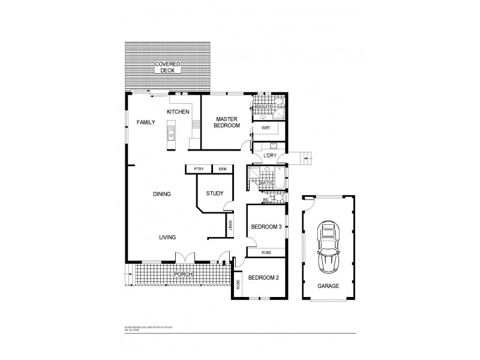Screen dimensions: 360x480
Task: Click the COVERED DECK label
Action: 167,67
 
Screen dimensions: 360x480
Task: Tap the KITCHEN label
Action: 178,112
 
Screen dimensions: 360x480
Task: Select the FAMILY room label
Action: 146,122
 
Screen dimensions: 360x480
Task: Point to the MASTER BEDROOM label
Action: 227,122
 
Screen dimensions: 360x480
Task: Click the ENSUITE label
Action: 265,107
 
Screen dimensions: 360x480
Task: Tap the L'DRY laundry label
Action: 271,157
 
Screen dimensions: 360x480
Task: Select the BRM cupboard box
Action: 222,170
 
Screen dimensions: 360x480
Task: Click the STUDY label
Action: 215,193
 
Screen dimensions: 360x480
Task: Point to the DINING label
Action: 162,194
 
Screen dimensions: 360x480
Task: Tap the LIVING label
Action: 167,238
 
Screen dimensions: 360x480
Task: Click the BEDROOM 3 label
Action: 266,227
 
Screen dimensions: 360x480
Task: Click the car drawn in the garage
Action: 328,245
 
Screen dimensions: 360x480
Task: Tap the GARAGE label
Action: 328,286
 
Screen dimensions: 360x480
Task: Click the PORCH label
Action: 183,274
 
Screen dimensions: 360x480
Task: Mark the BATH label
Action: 266,183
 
